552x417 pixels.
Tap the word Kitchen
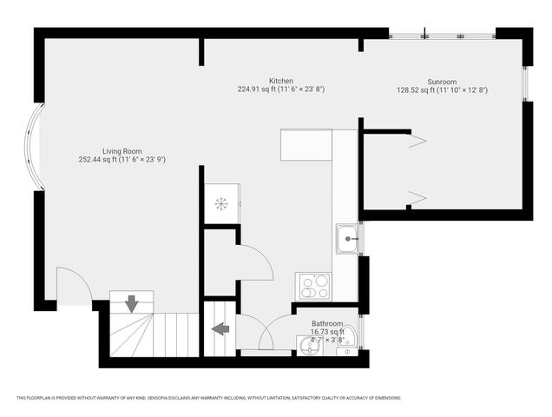click(280, 80)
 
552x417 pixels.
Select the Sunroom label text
click(442, 80)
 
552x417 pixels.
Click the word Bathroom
click(328, 323)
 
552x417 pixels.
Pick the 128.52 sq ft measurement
click(413, 89)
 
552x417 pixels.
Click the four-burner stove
click(312, 286)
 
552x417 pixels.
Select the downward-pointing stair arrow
click(131, 304)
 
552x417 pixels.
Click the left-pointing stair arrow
click(220, 328)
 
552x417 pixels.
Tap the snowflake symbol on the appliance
click(220, 203)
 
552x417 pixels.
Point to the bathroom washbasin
click(308, 347)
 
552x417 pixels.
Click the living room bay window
click(32, 147)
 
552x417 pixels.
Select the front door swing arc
click(74, 285)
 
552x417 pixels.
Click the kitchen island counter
click(306, 145)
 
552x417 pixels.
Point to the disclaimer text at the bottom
click(208, 398)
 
